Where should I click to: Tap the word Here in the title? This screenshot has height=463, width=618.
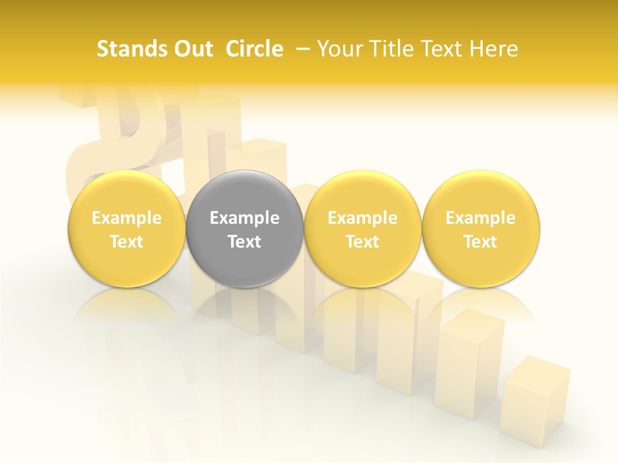pyautogui.click(x=494, y=49)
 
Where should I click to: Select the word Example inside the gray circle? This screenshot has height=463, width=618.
pyautogui.click(x=245, y=218)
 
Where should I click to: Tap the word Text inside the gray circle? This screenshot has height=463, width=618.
pyautogui.click(x=245, y=242)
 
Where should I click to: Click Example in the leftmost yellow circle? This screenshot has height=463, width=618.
pyautogui.click(x=127, y=218)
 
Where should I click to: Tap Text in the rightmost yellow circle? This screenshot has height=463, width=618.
pyautogui.click(x=481, y=242)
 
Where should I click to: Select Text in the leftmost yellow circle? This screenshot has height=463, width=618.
pyautogui.click(x=127, y=242)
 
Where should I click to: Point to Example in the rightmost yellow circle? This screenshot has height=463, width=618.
pyautogui.click(x=481, y=218)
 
